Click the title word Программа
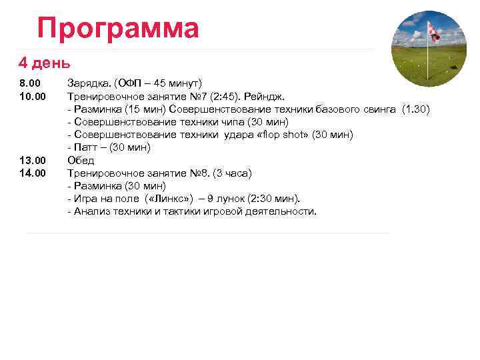(118, 28)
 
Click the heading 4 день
(44, 63)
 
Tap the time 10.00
(32, 96)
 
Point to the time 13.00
(32, 160)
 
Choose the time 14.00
(32, 173)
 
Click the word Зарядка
(89, 83)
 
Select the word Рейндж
(265, 96)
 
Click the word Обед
(81, 160)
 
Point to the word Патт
(85, 147)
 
